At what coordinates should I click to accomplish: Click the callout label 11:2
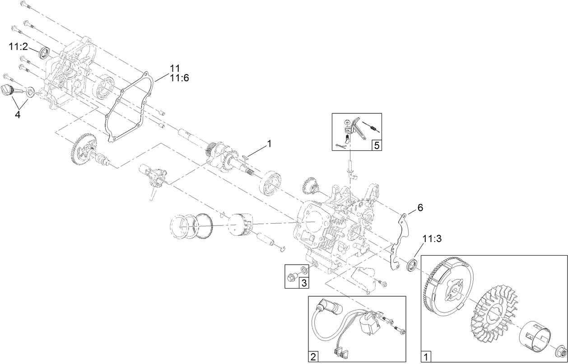[18, 46]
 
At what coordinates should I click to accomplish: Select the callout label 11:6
[179, 78]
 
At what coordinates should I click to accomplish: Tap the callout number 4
[18, 114]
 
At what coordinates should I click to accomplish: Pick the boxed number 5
[376, 145]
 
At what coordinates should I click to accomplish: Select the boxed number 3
[304, 283]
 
